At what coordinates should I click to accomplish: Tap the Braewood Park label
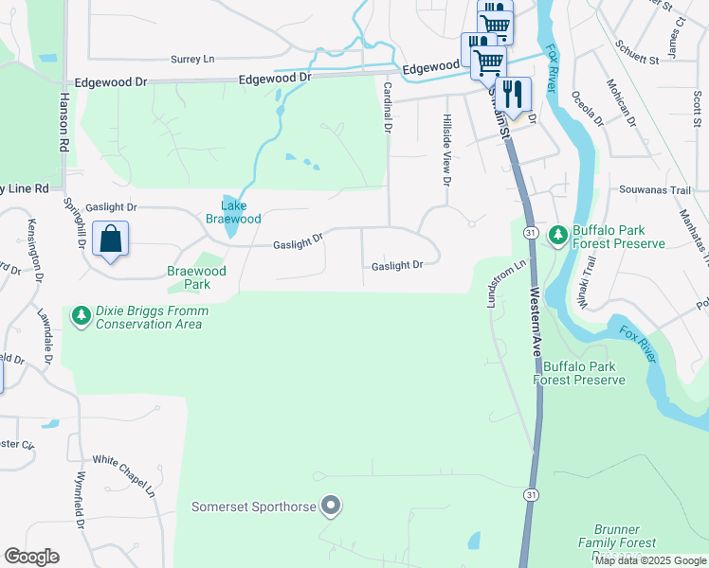coord(196,277)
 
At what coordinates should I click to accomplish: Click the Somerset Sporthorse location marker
coord(330,506)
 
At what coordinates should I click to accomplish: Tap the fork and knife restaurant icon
coord(512,96)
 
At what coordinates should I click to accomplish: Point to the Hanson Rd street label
coord(64,122)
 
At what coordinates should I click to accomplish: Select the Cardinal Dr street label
coord(387,106)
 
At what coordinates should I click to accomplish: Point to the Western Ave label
coord(537,322)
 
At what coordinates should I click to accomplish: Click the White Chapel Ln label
coord(124,474)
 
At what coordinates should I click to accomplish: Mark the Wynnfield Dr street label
coord(81,500)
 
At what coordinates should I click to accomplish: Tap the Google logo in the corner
coord(31,557)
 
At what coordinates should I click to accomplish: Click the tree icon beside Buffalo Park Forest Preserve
coord(558,233)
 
